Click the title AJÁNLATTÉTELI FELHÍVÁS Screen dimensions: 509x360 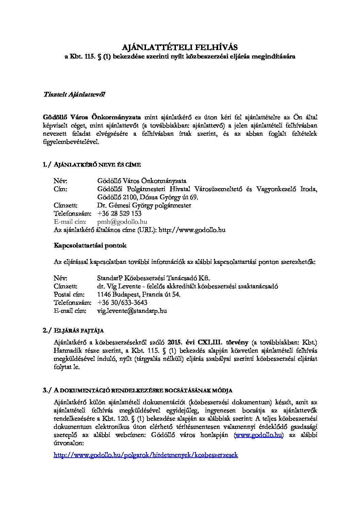coord(180,47)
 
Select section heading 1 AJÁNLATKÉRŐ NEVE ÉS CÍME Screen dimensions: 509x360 coord(92,165)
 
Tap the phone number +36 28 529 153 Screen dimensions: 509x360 coord(119,214)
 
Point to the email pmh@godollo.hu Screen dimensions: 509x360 coord(122,222)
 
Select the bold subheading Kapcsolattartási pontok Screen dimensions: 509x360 coord(90,245)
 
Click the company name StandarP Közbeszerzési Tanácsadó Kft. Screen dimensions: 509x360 coord(156,278)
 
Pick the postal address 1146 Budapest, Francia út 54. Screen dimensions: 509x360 coord(139,294)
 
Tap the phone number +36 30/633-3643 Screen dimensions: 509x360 coord(122,303)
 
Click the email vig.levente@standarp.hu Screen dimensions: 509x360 coord(132,311)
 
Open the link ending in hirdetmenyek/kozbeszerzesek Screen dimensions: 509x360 coord(146,455)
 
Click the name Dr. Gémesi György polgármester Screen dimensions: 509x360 coord(144,205)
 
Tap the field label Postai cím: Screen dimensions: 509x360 coord(69,294)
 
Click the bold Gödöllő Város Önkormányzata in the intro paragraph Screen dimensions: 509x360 coord(92,117)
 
